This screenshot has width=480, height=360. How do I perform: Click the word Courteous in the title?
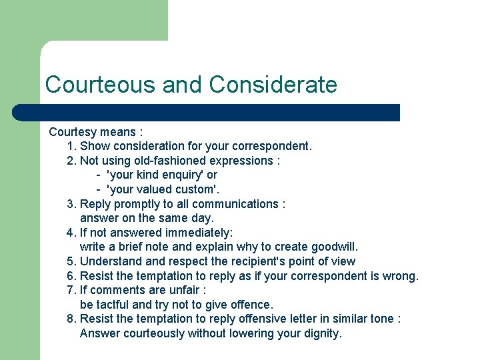(101, 85)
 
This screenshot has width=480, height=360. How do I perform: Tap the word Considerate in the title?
(273, 85)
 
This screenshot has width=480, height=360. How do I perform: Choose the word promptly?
(133, 204)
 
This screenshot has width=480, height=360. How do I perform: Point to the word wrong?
(400, 276)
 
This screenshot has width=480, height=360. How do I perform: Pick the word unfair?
(181, 290)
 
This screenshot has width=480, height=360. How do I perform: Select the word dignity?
(319, 333)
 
